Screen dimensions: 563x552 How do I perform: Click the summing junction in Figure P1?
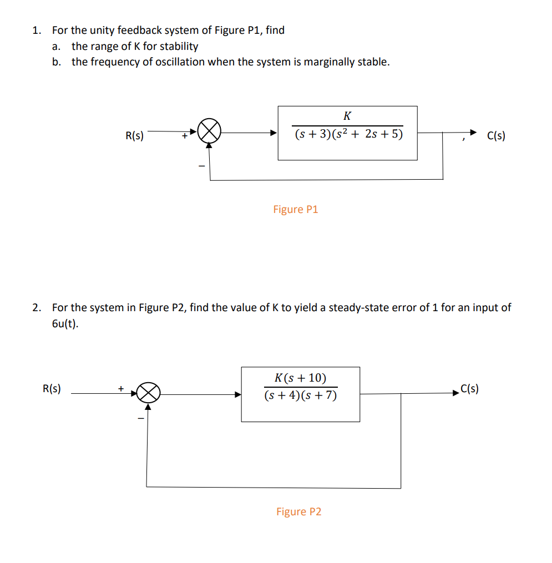[209, 132]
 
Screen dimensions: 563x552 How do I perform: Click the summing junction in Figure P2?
[149, 394]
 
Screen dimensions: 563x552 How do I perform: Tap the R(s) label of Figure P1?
[134, 135]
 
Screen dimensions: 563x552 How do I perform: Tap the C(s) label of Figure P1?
[496, 135]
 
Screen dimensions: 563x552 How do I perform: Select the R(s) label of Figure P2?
[52, 389]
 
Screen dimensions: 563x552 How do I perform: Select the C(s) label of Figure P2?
[469, 389]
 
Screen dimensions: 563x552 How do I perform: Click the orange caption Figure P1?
[295, 209]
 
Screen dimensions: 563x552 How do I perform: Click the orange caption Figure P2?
[298, 511]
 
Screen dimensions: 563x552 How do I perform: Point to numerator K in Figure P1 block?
[347, 116]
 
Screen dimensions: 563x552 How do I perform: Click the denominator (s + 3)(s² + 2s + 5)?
[348, 134]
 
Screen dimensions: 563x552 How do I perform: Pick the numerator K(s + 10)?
[300, 378]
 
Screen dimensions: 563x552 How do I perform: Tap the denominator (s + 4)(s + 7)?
[300, 395]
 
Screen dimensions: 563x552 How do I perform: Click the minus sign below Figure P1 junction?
[202, 165]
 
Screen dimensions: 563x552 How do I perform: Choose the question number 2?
[36, 307]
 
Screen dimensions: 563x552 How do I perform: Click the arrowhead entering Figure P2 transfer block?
[238, 394]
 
